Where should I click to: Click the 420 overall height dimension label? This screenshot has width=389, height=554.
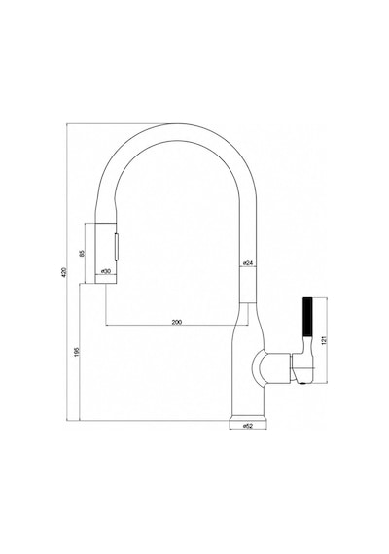[x=64, y=272]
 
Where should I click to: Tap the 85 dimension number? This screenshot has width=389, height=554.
[x=82, y=253]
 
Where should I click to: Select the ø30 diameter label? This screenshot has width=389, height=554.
[x=106, y=271]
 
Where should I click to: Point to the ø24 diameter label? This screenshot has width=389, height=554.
[x=248, y=262]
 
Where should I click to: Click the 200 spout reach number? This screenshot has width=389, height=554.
[x=176, y=322]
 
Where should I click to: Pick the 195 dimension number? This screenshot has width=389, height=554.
[x=78, y=352]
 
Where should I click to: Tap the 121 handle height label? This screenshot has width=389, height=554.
[x=325, y=340]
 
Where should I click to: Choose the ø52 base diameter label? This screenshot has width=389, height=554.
[x=248, y=426]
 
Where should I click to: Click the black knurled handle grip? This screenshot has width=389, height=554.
[x=307, y=317]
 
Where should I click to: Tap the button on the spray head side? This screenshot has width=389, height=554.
[x=116, y=246]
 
